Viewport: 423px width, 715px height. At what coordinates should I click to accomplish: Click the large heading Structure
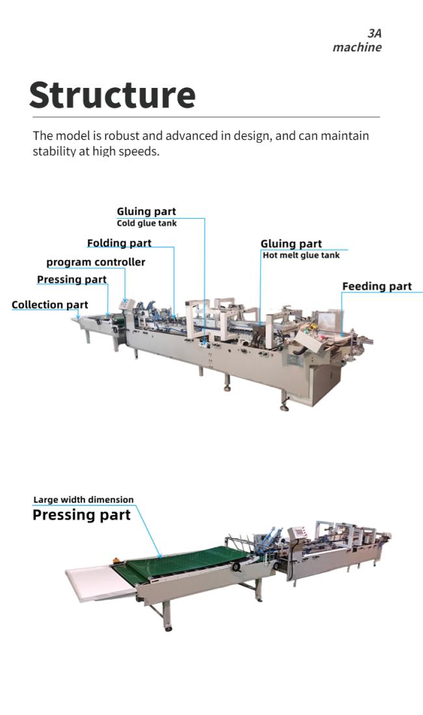[x=112, y=94]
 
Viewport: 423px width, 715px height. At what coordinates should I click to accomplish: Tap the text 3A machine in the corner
[x=357, y=40]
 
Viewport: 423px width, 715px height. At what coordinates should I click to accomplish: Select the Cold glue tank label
[x=147, y=223]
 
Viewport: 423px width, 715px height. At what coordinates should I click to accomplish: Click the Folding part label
[x=119, y=243]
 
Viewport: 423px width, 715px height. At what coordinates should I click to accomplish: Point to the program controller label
[x=96, y=262]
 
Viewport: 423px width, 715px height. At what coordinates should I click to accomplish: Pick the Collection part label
[x=49, y=305]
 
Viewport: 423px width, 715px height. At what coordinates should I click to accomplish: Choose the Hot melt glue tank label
[x=301, y=255]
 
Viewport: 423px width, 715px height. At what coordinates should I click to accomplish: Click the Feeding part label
[x=377, y=287]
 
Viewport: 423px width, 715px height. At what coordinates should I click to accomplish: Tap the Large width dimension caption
[x=83, y=499]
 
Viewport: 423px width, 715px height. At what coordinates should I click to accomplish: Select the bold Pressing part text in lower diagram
[x=81, y=515]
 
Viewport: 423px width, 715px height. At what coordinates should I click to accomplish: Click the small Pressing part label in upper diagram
[x=72, y=279]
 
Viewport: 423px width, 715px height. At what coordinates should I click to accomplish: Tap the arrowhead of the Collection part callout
[x=78, y=316]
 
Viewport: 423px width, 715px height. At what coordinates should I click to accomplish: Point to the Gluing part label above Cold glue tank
[x=146, y=212]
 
